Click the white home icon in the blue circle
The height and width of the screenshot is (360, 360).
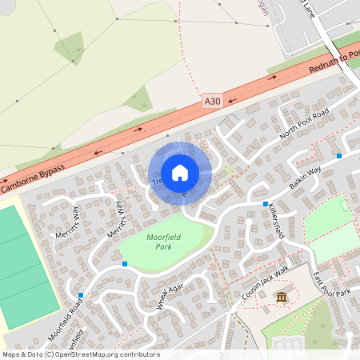[x=180, y=173]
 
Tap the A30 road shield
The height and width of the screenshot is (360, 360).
[x=211, y=102]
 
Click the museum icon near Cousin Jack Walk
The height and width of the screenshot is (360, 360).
[x=282, y=298]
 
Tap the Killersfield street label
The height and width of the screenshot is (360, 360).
[x=276, y=220]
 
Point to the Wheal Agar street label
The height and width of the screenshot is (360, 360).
[x=171, y=297]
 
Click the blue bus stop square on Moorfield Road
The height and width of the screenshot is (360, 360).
[x=81, y=294]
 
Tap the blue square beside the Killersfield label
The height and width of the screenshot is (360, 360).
[x=265, y=204]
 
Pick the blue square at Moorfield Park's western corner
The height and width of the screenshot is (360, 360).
[x=124, y=263]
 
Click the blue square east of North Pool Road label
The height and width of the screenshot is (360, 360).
[x=340, y=155]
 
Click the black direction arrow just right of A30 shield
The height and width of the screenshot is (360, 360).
[x=230, y=101]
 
